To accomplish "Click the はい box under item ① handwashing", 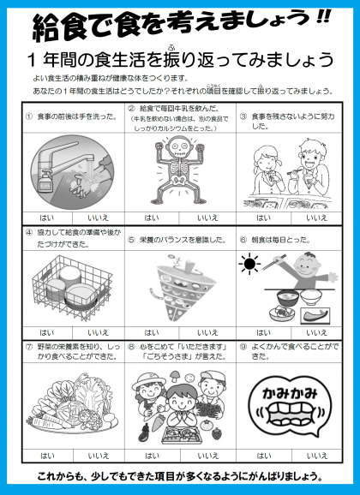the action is click(47, 218).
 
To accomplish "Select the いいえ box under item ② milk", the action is click(207, 218).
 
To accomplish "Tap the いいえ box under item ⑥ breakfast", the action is click(316, 333).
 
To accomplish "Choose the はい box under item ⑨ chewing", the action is click(264, 456).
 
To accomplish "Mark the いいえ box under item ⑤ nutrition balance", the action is click(207, 333).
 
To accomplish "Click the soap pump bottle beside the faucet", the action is click(45, 181).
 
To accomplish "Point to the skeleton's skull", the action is click(178, 146).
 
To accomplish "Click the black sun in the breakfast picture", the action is click(249, 263).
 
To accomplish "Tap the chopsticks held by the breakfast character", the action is click(274, 262).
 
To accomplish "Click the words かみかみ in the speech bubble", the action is click(290, 394).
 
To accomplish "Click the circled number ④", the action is click(29, 232).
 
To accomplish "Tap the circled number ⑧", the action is click(131, 347).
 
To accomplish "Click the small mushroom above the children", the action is click(174, 376).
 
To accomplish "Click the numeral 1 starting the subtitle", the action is click(32, 60).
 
